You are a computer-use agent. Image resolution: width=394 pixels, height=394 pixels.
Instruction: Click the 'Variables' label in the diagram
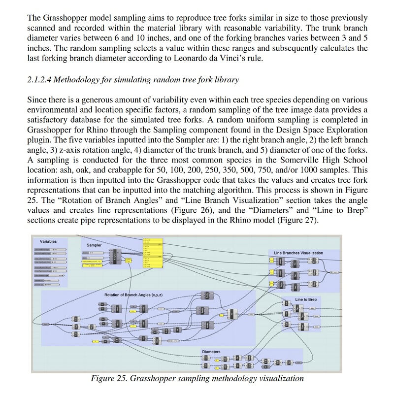click(48, 241)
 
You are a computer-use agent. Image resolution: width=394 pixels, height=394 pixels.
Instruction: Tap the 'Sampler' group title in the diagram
click(94, 245)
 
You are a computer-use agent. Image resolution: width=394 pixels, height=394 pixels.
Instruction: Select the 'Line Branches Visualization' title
click(298, 253)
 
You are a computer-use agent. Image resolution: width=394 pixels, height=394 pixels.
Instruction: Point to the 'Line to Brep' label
click(306, 299)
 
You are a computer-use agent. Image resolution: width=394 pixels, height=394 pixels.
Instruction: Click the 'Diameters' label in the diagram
click(211, 352)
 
